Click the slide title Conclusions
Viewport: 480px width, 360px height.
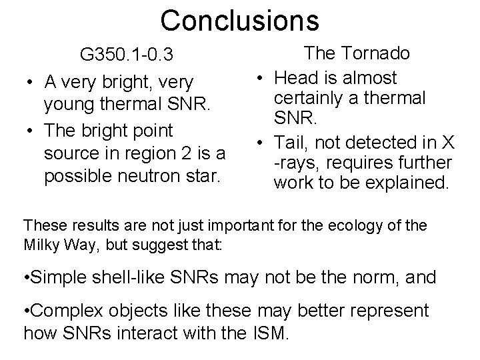239,20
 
